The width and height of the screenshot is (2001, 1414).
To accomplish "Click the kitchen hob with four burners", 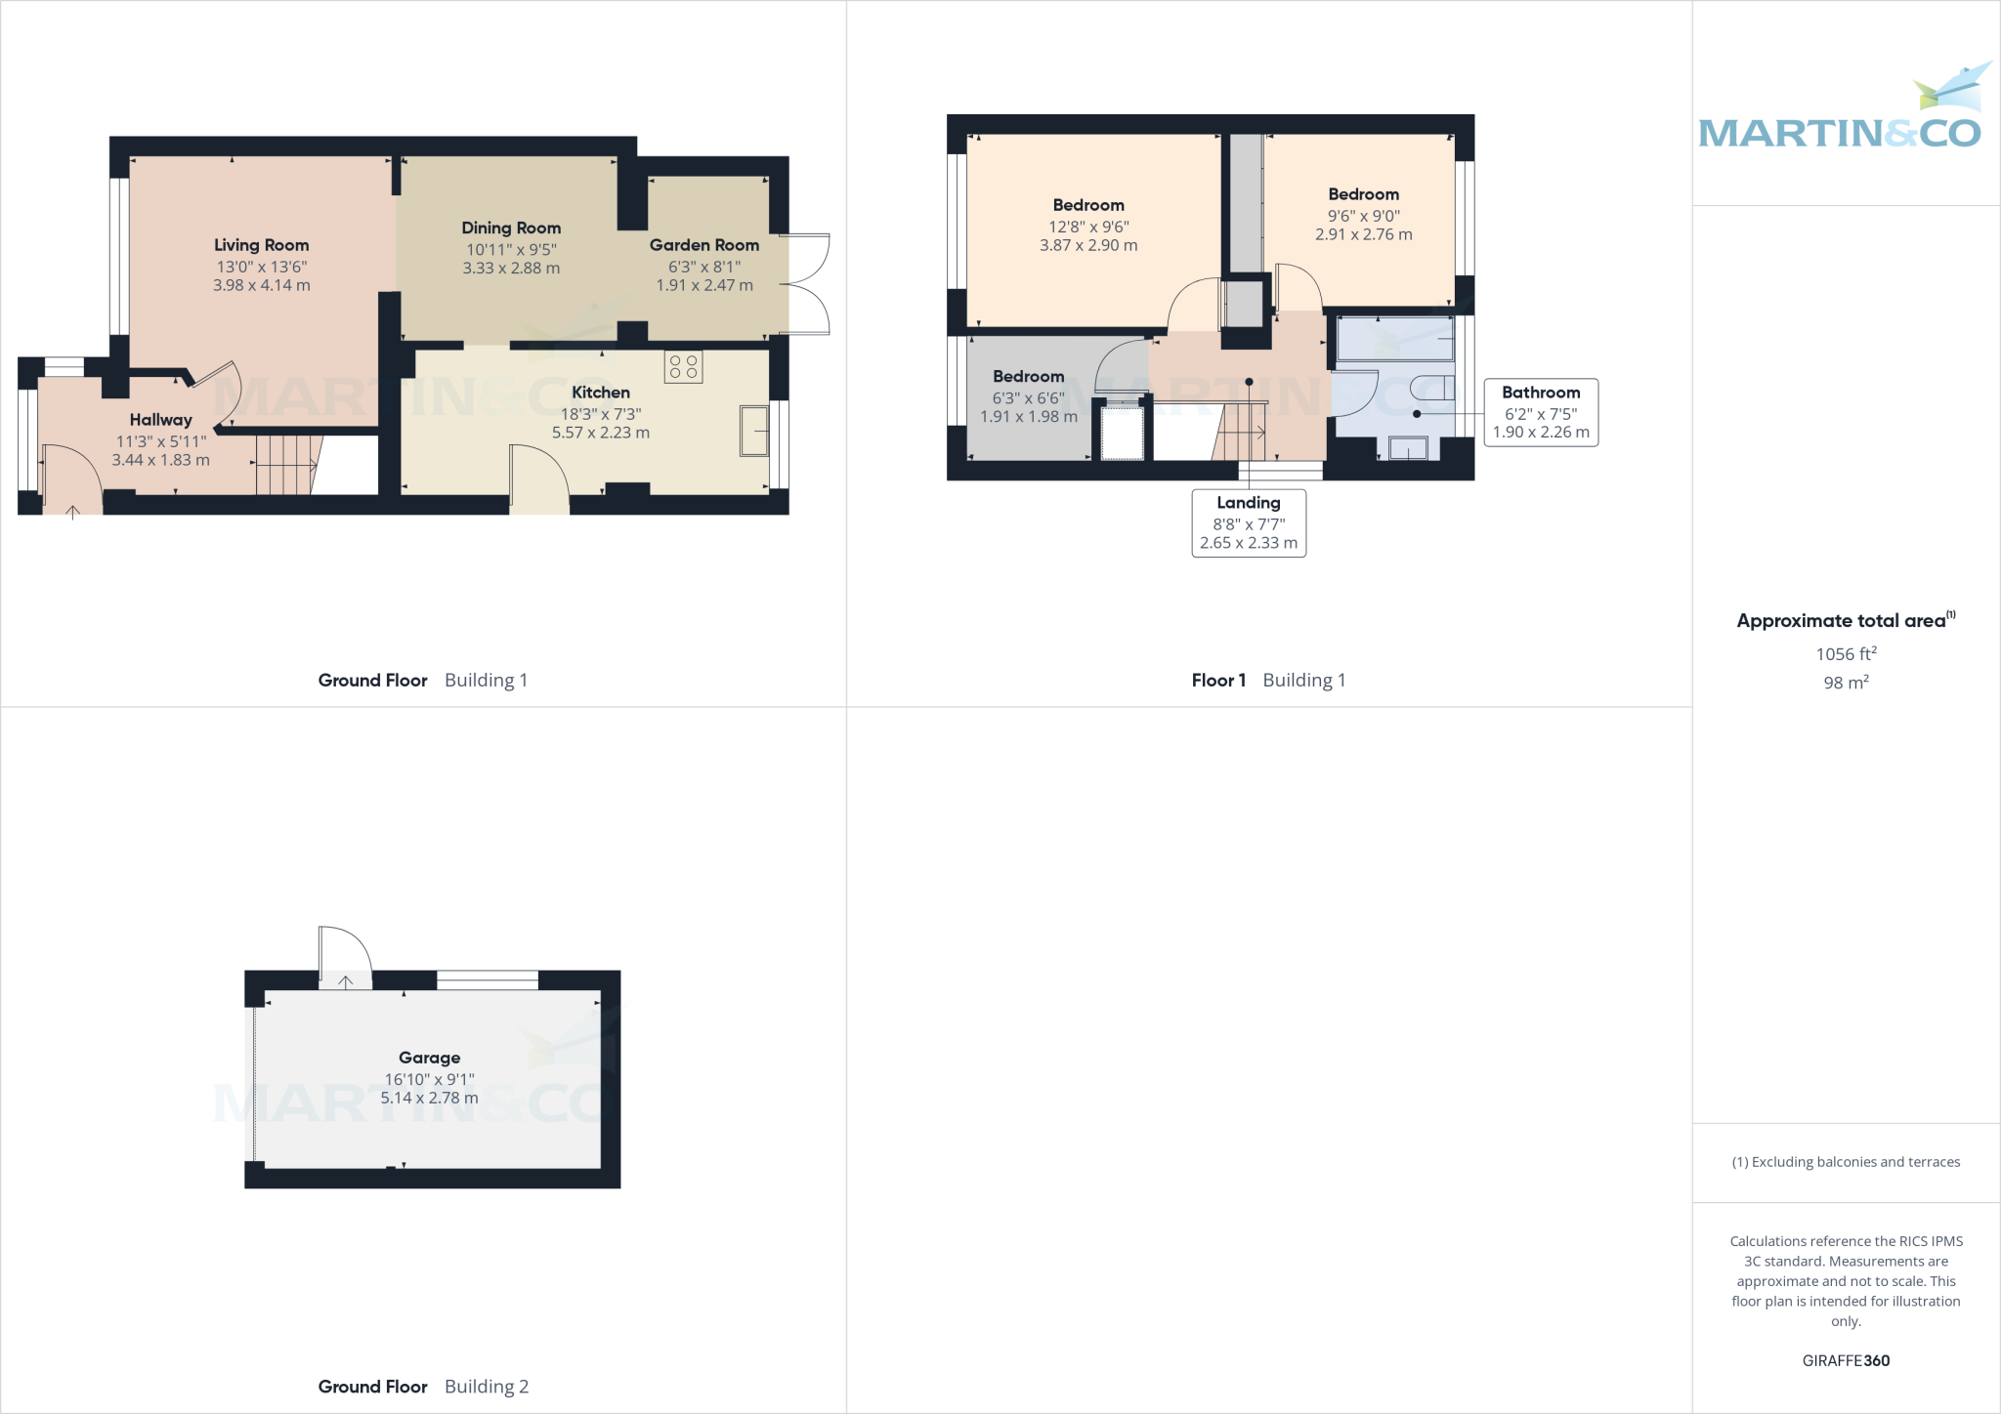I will [683, 367].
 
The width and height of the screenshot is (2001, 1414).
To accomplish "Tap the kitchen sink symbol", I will [754, 431].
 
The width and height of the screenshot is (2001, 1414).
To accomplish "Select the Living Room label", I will [261, 245].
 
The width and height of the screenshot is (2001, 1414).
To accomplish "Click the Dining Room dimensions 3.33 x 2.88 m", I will [511, 268].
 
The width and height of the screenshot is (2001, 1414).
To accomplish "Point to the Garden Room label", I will [703, 245].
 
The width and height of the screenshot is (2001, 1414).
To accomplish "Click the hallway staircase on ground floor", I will [285, 466].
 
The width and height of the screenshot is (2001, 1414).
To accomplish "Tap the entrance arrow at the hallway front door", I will [72, 511].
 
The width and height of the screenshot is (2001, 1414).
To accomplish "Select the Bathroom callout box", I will [1541, 412].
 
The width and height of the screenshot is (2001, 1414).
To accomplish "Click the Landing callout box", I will [1249, 523].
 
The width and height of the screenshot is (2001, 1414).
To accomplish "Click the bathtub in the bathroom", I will [1394, 338].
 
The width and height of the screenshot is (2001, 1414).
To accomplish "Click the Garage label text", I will [429, 1058].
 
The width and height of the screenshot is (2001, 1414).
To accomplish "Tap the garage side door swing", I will [344, 957].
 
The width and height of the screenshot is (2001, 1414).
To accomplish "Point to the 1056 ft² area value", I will [1845, 654].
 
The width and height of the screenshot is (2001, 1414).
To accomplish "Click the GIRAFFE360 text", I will [1845, 1360].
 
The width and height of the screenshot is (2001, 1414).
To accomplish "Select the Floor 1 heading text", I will [1218, 681].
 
